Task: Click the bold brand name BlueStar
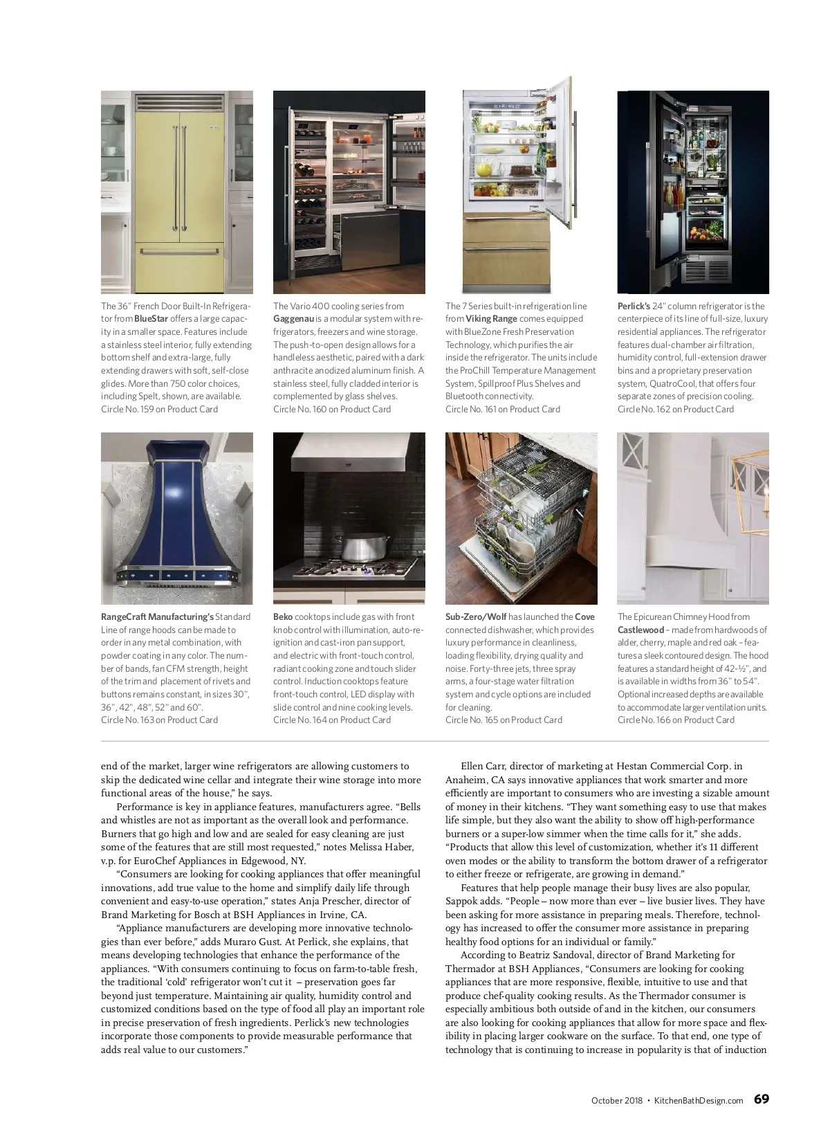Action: pyautogui.click(x=151, y=319)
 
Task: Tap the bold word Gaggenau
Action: pyautogui.click(x=293, y=319)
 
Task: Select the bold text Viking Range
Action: pyautogui.click(x=491, y=319)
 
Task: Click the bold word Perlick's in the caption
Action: pyautogui.click(x=634, y=306)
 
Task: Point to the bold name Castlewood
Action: pyautogui.click(x=640, y=630)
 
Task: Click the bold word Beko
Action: pyautogui.click(x=282, y=616)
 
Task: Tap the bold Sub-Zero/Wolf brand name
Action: pyautogui.click(x=475, y=616)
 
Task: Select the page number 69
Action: pyautogui.click(x=761, y=1099)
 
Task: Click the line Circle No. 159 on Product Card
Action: pyautogui.click(x=159, y=409)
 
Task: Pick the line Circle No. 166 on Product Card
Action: pyautogui.click(x=676, y=720)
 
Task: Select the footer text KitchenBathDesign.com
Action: pyautogui.click(x=699, y=1100)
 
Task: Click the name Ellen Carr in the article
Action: pyautogui.click(x=483, y=766)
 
